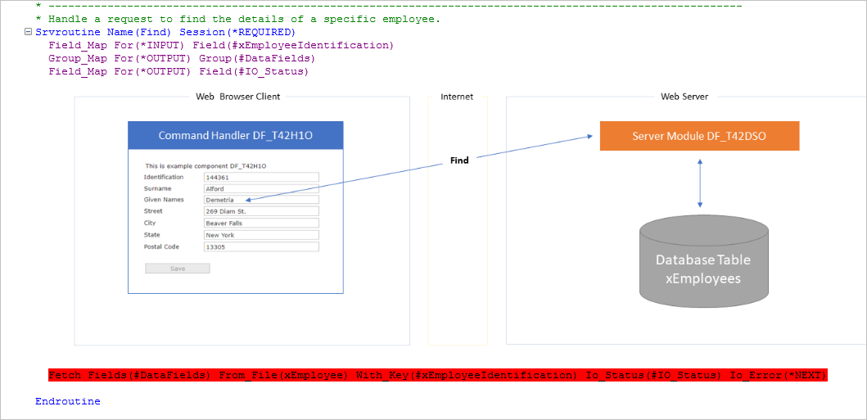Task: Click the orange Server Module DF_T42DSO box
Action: point(699,136)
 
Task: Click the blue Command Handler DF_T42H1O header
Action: point(236,135)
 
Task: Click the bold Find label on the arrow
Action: point(459,160)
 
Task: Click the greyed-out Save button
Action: point(178,269)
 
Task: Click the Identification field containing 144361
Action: point(261,177)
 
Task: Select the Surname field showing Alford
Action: point(261,188)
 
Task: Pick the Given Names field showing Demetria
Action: point(261,200)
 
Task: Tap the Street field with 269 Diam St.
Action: point(261,211)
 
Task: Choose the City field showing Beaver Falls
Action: point(261,223)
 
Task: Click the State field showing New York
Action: point(261,235)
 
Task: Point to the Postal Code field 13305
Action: point(261,246)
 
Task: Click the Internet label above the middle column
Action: point(457,97)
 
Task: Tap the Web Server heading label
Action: point(684,97)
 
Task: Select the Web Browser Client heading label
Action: point(237,97)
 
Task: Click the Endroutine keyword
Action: point(68,401)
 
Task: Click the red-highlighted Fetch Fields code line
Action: point(438,375)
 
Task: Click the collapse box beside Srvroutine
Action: point(29,32)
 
